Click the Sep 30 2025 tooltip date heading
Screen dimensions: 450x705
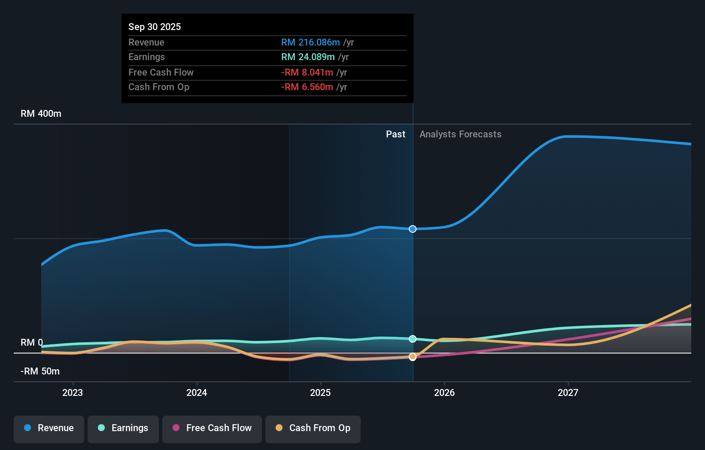[155, 27]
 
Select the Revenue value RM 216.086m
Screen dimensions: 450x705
[310, 42]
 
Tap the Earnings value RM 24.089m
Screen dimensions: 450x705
[308, 57]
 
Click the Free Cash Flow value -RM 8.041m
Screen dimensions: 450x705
[307, 72]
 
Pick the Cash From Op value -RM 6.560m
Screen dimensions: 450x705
[307, 87]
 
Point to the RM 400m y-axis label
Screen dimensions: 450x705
[41, 114]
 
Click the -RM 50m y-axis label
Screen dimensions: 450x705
[40, 371]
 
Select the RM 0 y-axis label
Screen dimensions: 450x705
[32, 343]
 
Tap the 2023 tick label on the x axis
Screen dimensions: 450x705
[73, 392]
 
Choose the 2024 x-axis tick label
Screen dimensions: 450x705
[197, 392]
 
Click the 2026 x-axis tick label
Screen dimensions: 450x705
[444, 392]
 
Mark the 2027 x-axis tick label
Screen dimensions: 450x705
[568, 392]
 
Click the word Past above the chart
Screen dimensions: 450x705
[395, 134]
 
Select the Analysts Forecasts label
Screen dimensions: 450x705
[460, 134]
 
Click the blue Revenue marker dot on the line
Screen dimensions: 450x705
[413, 229]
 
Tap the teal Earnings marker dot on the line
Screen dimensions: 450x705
[413, 339]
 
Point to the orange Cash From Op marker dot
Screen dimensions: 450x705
[413, 356]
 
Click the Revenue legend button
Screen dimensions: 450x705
[49, 428]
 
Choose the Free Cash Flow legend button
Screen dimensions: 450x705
[212, 428]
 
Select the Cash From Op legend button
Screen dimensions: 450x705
[313, 428]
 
